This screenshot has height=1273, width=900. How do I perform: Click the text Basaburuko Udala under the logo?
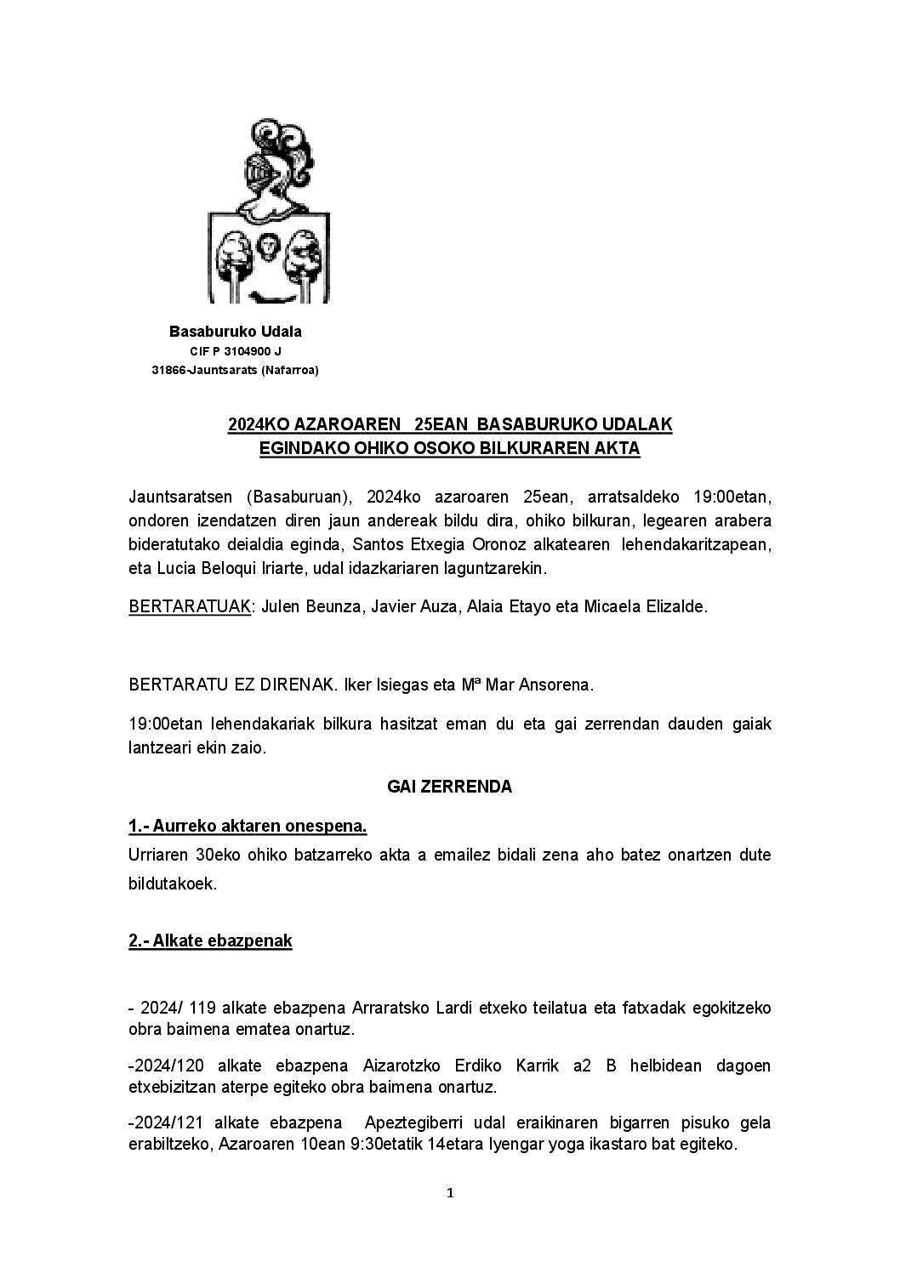236,332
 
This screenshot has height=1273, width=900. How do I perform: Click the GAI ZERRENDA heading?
449,787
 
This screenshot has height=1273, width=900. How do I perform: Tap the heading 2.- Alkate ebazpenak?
210,941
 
